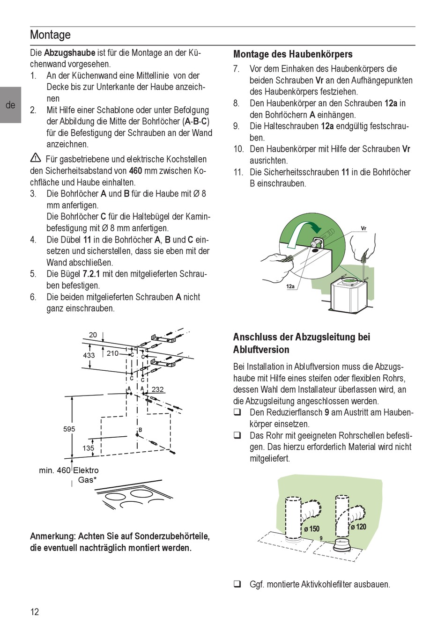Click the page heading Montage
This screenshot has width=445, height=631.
click(50, 35)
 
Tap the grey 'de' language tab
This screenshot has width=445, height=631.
click(10, 105)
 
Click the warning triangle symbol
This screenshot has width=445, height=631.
click(35, 158)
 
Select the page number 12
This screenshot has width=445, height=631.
click(35, 611)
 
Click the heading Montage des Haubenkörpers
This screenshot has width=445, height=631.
click(293, 54)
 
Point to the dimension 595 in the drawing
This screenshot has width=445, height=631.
click(69, 429)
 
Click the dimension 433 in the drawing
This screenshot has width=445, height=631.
click(89, 355)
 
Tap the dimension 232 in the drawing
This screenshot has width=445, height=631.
click(158, 389)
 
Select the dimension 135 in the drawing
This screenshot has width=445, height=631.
click(88, 448)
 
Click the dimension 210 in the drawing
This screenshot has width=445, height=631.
click(112, 353)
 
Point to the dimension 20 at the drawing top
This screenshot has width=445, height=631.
click(93, 335)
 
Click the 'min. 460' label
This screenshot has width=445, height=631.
click(54, 470)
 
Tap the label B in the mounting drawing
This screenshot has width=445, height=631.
click(140, 430)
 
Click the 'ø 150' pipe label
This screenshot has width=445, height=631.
click(311, 529)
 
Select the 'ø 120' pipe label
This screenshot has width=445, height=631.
click(359, 527)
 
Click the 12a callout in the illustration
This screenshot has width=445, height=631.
click(290, 286)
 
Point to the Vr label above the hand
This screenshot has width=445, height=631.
click(363, 228)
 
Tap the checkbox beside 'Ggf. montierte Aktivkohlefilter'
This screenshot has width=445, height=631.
click(238, 584)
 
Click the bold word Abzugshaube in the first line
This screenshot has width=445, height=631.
click(69, 53)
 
